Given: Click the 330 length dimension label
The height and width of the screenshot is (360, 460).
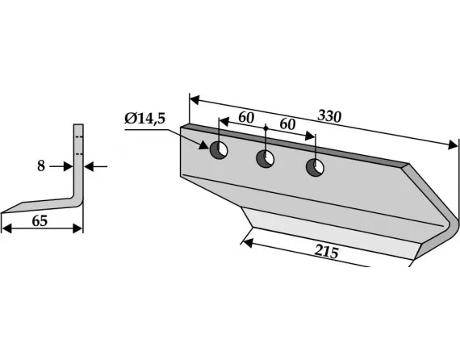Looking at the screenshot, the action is tap(329, 116).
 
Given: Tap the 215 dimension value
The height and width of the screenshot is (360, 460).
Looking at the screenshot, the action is tap(327, 252).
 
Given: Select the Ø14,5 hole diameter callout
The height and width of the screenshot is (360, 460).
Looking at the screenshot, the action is tap(145, 119).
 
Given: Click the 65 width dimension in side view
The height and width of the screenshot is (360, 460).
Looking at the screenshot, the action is tap(40, 221).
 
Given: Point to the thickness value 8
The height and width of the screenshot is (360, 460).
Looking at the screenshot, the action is tap(41, 166).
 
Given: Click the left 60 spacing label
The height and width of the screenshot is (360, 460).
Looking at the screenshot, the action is tap(246, 117).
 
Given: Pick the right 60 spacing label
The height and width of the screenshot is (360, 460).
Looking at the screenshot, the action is tap(287, 124).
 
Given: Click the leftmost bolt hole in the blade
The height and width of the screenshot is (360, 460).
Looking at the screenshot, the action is tap(219, 150).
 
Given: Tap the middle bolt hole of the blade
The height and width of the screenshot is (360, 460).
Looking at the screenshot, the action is tap(266, 159).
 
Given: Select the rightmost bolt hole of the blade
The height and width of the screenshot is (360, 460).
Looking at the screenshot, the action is tap(315, 168).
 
